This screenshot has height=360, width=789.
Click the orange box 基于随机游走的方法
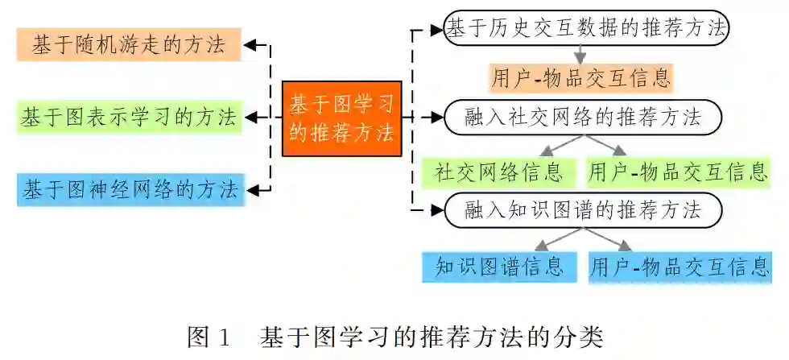[x=128, y=45]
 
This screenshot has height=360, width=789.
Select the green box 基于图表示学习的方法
[x=128, y=118]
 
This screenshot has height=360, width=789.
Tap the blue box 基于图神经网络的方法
[x=130, y=190]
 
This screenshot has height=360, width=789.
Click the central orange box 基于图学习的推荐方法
[x=341, y=118]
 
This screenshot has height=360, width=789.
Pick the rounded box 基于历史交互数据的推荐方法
[x=587, y=29]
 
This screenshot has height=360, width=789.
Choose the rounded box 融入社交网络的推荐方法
[x=583, y=118]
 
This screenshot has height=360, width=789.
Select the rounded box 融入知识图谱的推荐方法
[x=583, y=211]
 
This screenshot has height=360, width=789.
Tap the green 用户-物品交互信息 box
[x=678, y=172]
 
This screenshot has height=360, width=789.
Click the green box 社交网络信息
[x=499, y=172]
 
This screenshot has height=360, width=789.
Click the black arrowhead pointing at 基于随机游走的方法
[x=251, y=45]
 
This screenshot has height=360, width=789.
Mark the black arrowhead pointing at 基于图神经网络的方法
[x=251, y=190]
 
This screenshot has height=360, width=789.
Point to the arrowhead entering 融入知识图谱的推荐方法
[x=436, y=211]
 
